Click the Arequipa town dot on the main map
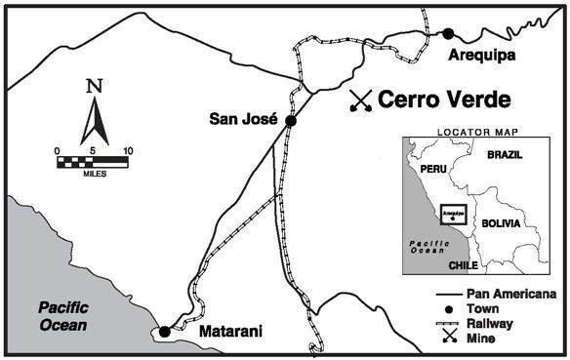[448, 33]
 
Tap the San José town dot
[289, 120]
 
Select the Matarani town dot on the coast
[165, 332]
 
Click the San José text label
[244, 120]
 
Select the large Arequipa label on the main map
[481, 56]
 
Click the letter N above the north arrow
[94, 86]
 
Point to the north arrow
[94, 119]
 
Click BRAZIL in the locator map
[505, 155]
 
